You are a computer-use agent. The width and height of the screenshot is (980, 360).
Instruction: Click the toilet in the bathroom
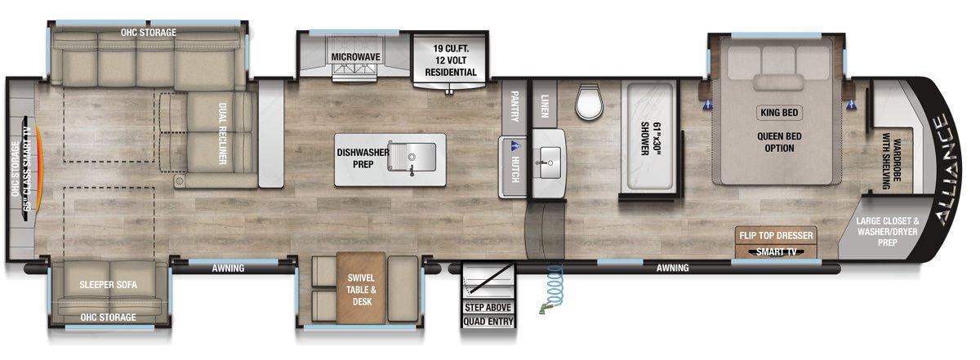point(589,102)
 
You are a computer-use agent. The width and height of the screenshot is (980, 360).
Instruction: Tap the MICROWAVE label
point(355,57)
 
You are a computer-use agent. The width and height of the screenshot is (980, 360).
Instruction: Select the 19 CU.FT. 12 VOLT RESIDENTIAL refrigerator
point(450,60)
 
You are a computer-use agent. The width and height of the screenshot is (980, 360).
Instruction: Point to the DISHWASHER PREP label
point(363,158)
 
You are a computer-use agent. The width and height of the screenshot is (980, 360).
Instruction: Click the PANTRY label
point(514,106)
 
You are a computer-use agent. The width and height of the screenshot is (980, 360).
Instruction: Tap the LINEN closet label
point(545,106)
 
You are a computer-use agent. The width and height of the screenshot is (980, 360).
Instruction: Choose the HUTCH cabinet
point(513,167)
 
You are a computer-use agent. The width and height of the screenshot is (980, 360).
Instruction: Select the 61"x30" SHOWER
point(650,136)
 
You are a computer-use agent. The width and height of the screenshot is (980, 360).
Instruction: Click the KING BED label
point(779,113)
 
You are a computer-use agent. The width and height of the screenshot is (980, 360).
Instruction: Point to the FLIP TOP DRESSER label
point(776,236)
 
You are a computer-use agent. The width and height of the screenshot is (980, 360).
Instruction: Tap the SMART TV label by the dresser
point(776,252)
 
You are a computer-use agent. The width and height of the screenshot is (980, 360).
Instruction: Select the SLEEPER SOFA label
point(108,285)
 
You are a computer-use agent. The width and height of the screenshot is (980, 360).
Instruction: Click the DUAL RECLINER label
point(222,134)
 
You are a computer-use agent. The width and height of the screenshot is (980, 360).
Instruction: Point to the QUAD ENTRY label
point(488,322)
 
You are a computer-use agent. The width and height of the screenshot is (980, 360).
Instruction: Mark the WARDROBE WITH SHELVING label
point(891,161)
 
